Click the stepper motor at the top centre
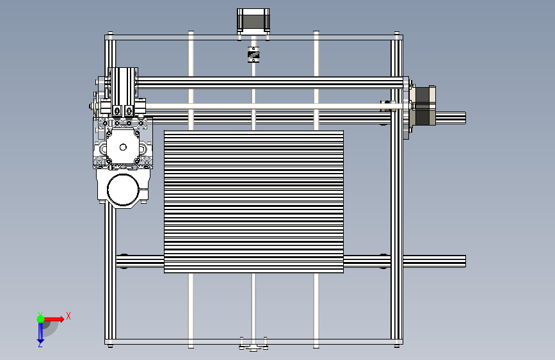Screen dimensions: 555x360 click(253, 21)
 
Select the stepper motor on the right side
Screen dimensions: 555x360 click(424, 106)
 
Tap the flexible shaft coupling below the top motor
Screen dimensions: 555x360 click(253, 54)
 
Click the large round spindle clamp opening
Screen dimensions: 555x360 click(123, 190)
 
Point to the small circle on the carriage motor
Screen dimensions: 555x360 click(123, 147)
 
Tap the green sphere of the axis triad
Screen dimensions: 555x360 click(40, 319)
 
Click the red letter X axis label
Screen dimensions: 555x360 click(68, 316)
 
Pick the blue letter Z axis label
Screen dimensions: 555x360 click(40, 345)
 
